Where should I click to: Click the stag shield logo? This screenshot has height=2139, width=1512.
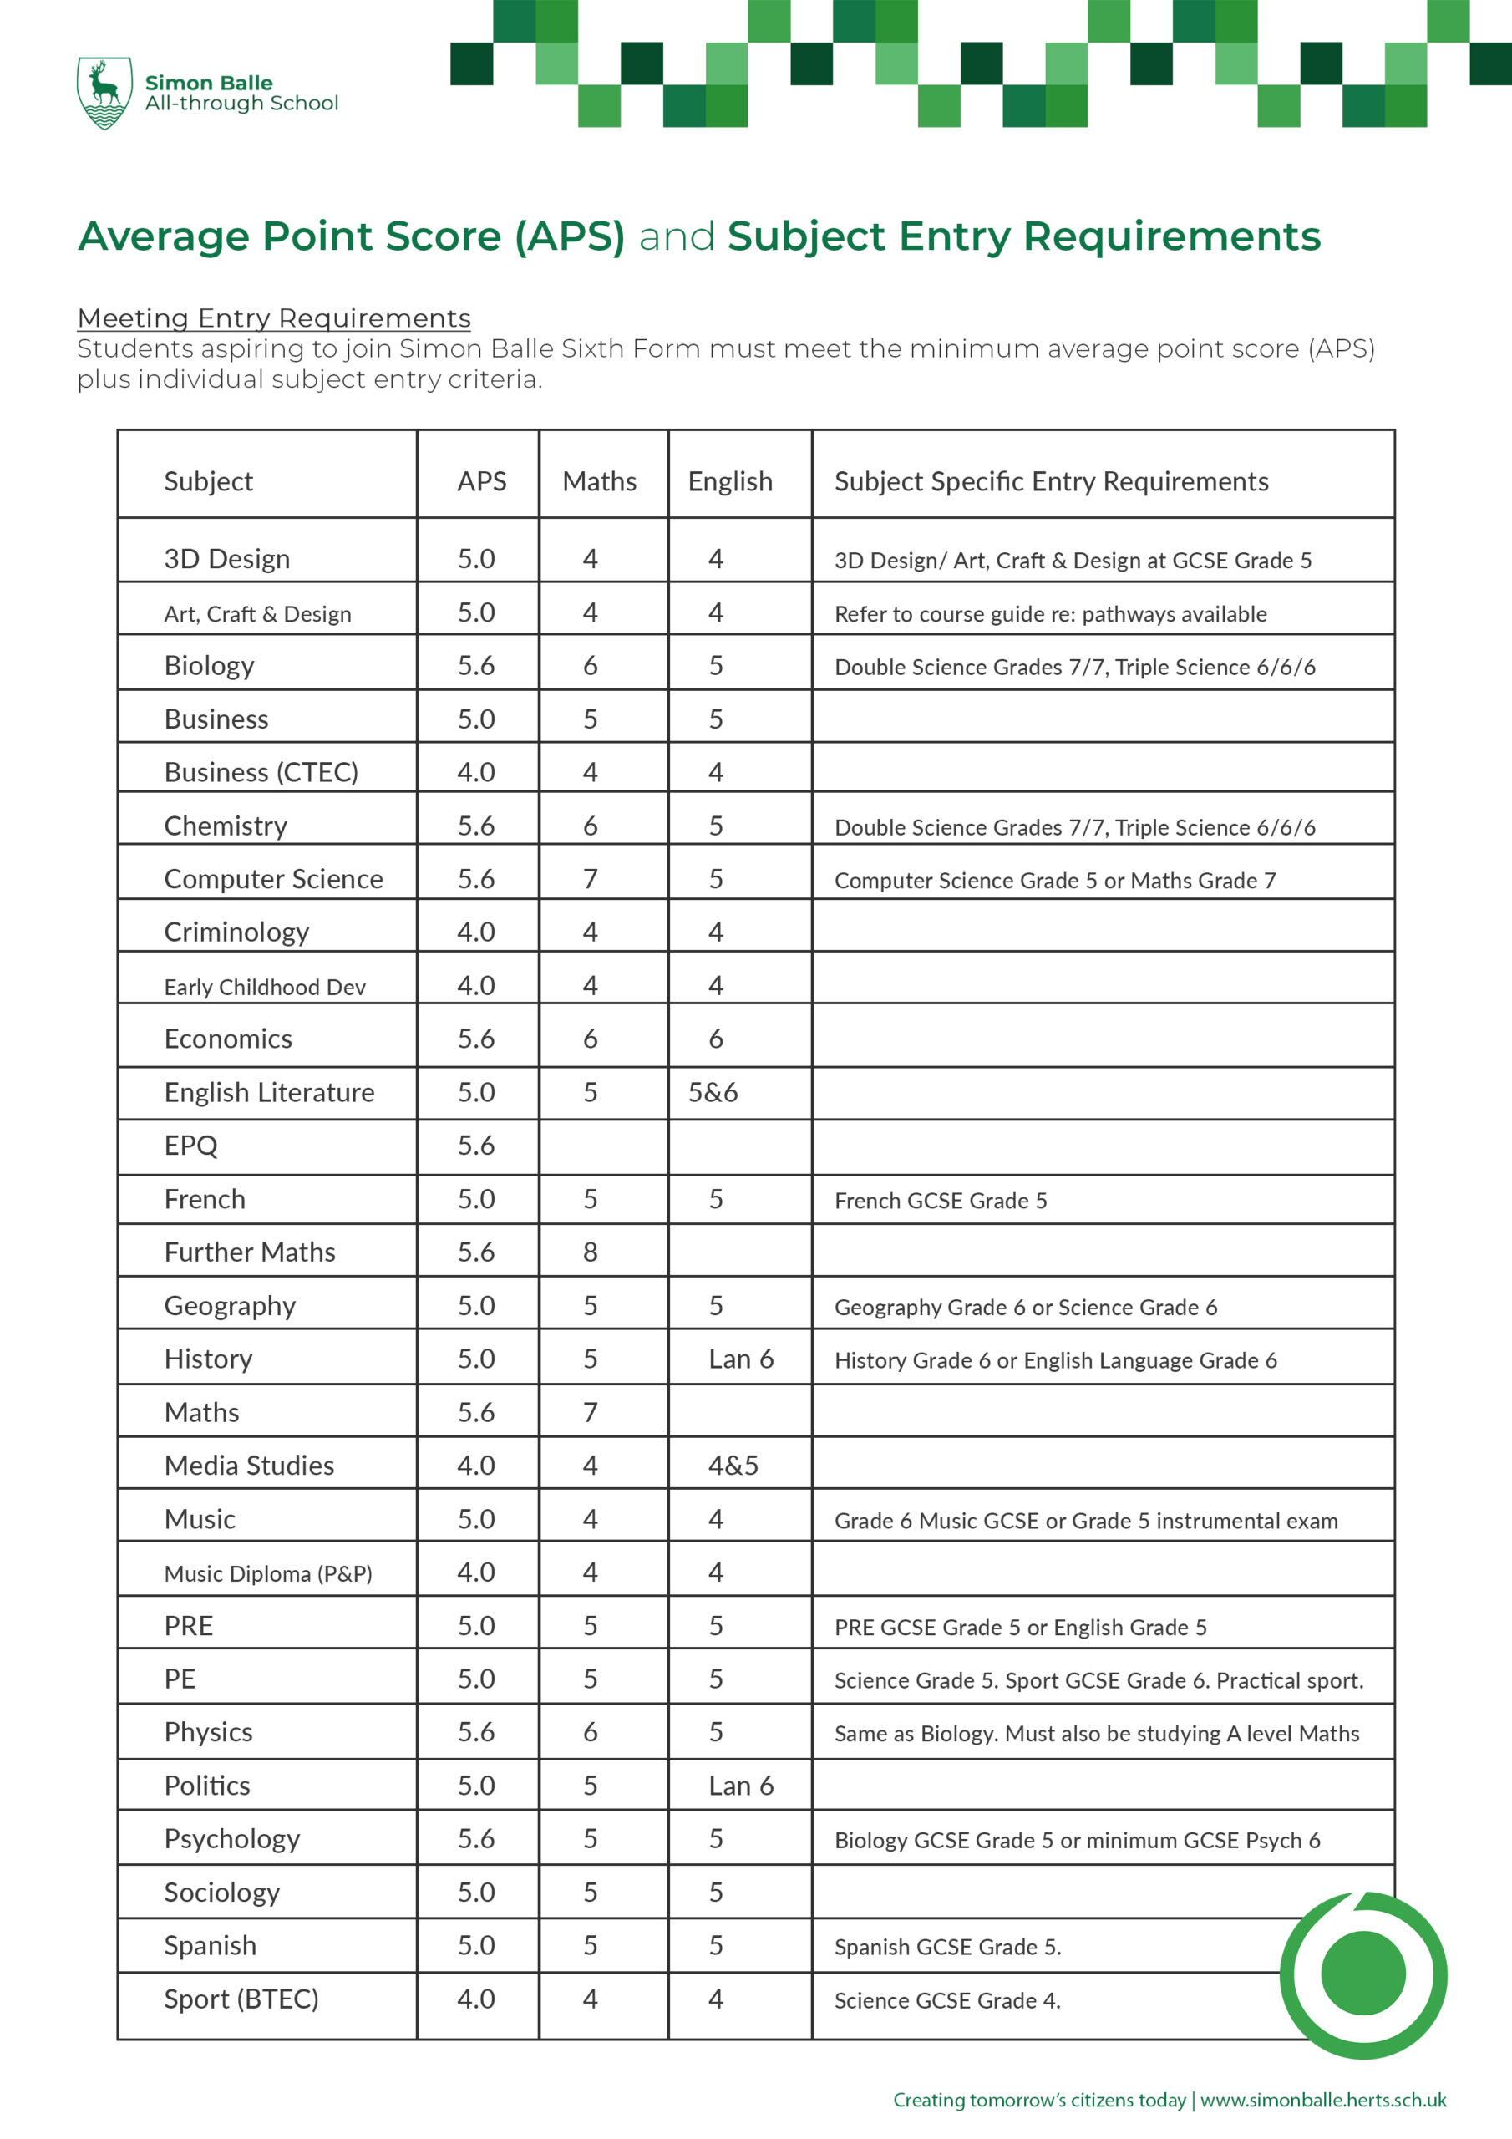coord(104,92)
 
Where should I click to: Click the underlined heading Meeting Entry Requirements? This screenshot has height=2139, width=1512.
coord(274,318)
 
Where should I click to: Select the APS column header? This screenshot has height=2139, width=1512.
coord(482,480)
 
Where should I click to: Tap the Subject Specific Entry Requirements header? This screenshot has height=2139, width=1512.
coord(1051,480)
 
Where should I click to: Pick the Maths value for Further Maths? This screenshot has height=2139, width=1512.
coord(590,1252)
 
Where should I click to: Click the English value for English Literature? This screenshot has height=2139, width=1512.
coord(713,1092)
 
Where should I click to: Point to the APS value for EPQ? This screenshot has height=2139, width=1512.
coord(476,1145)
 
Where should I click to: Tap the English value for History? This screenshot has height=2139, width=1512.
coord(741,1359)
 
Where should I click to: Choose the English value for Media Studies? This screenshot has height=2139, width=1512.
coord(733,1466)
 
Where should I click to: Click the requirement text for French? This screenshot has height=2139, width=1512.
coord(940,1200)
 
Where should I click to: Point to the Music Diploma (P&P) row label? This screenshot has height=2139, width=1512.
coord(267,1573)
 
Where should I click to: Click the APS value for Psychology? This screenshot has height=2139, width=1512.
coord(476,1838)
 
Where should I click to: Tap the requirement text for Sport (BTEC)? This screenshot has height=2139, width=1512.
coord(946,2000)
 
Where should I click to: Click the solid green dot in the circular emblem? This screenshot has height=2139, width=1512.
coord(1363,1974)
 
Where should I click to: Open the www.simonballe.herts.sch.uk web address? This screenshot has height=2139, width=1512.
coord(1323,2100)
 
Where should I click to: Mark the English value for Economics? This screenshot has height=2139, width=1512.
coord(715,1039)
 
